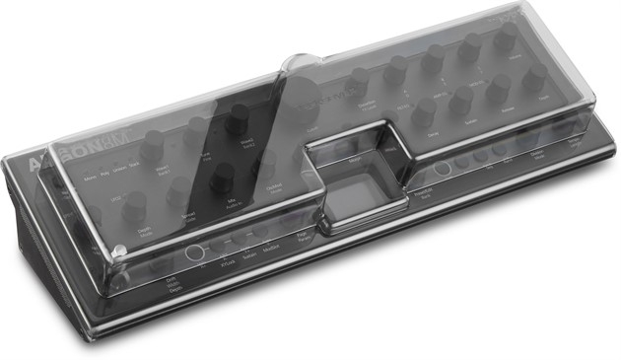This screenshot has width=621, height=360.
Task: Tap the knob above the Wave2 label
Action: [238, 120]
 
